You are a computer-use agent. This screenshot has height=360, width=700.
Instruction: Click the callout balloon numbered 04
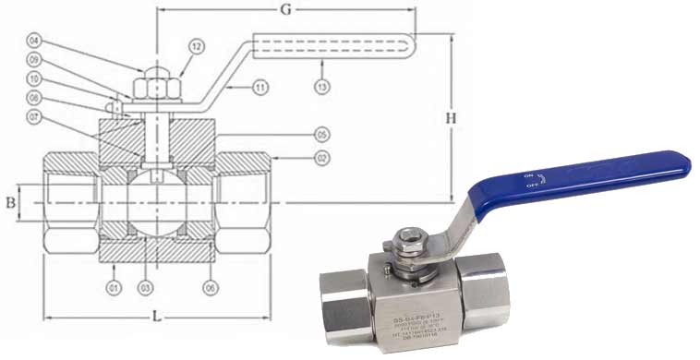34,40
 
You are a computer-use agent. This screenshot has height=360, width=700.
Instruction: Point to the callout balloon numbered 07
34,116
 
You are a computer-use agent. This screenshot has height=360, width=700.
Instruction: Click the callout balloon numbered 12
196,45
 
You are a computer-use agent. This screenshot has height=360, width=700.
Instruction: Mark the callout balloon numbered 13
321,87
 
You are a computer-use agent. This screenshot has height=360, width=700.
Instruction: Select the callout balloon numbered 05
321,132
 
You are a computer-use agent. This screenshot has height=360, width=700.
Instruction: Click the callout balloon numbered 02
321,158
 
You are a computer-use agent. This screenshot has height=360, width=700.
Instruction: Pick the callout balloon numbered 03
145,288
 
